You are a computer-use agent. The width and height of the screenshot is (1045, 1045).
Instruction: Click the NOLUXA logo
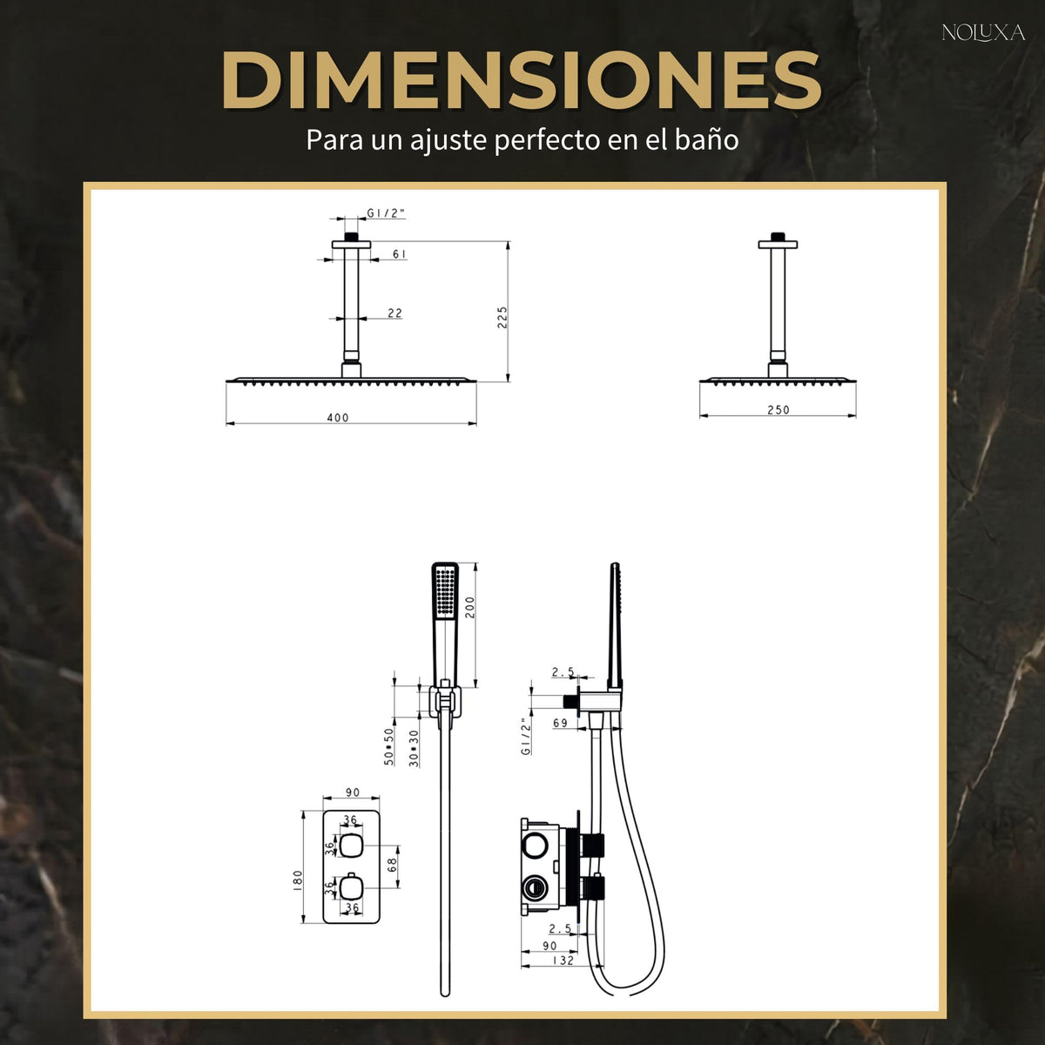coord(983,33)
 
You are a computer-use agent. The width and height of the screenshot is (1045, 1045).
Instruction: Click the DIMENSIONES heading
coord(521,80)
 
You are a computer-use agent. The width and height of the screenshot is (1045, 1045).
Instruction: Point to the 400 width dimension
coord(338,418)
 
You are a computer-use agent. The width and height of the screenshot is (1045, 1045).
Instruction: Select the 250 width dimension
coord(779,410)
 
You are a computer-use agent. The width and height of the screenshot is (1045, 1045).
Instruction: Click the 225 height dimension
coord(502,317)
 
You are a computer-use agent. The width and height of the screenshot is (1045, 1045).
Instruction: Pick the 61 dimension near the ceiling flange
coord(399,253)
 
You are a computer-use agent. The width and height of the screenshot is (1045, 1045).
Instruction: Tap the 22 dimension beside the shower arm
coord(394,313)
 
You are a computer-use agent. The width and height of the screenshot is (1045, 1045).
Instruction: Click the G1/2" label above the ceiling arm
coord(386,213)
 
